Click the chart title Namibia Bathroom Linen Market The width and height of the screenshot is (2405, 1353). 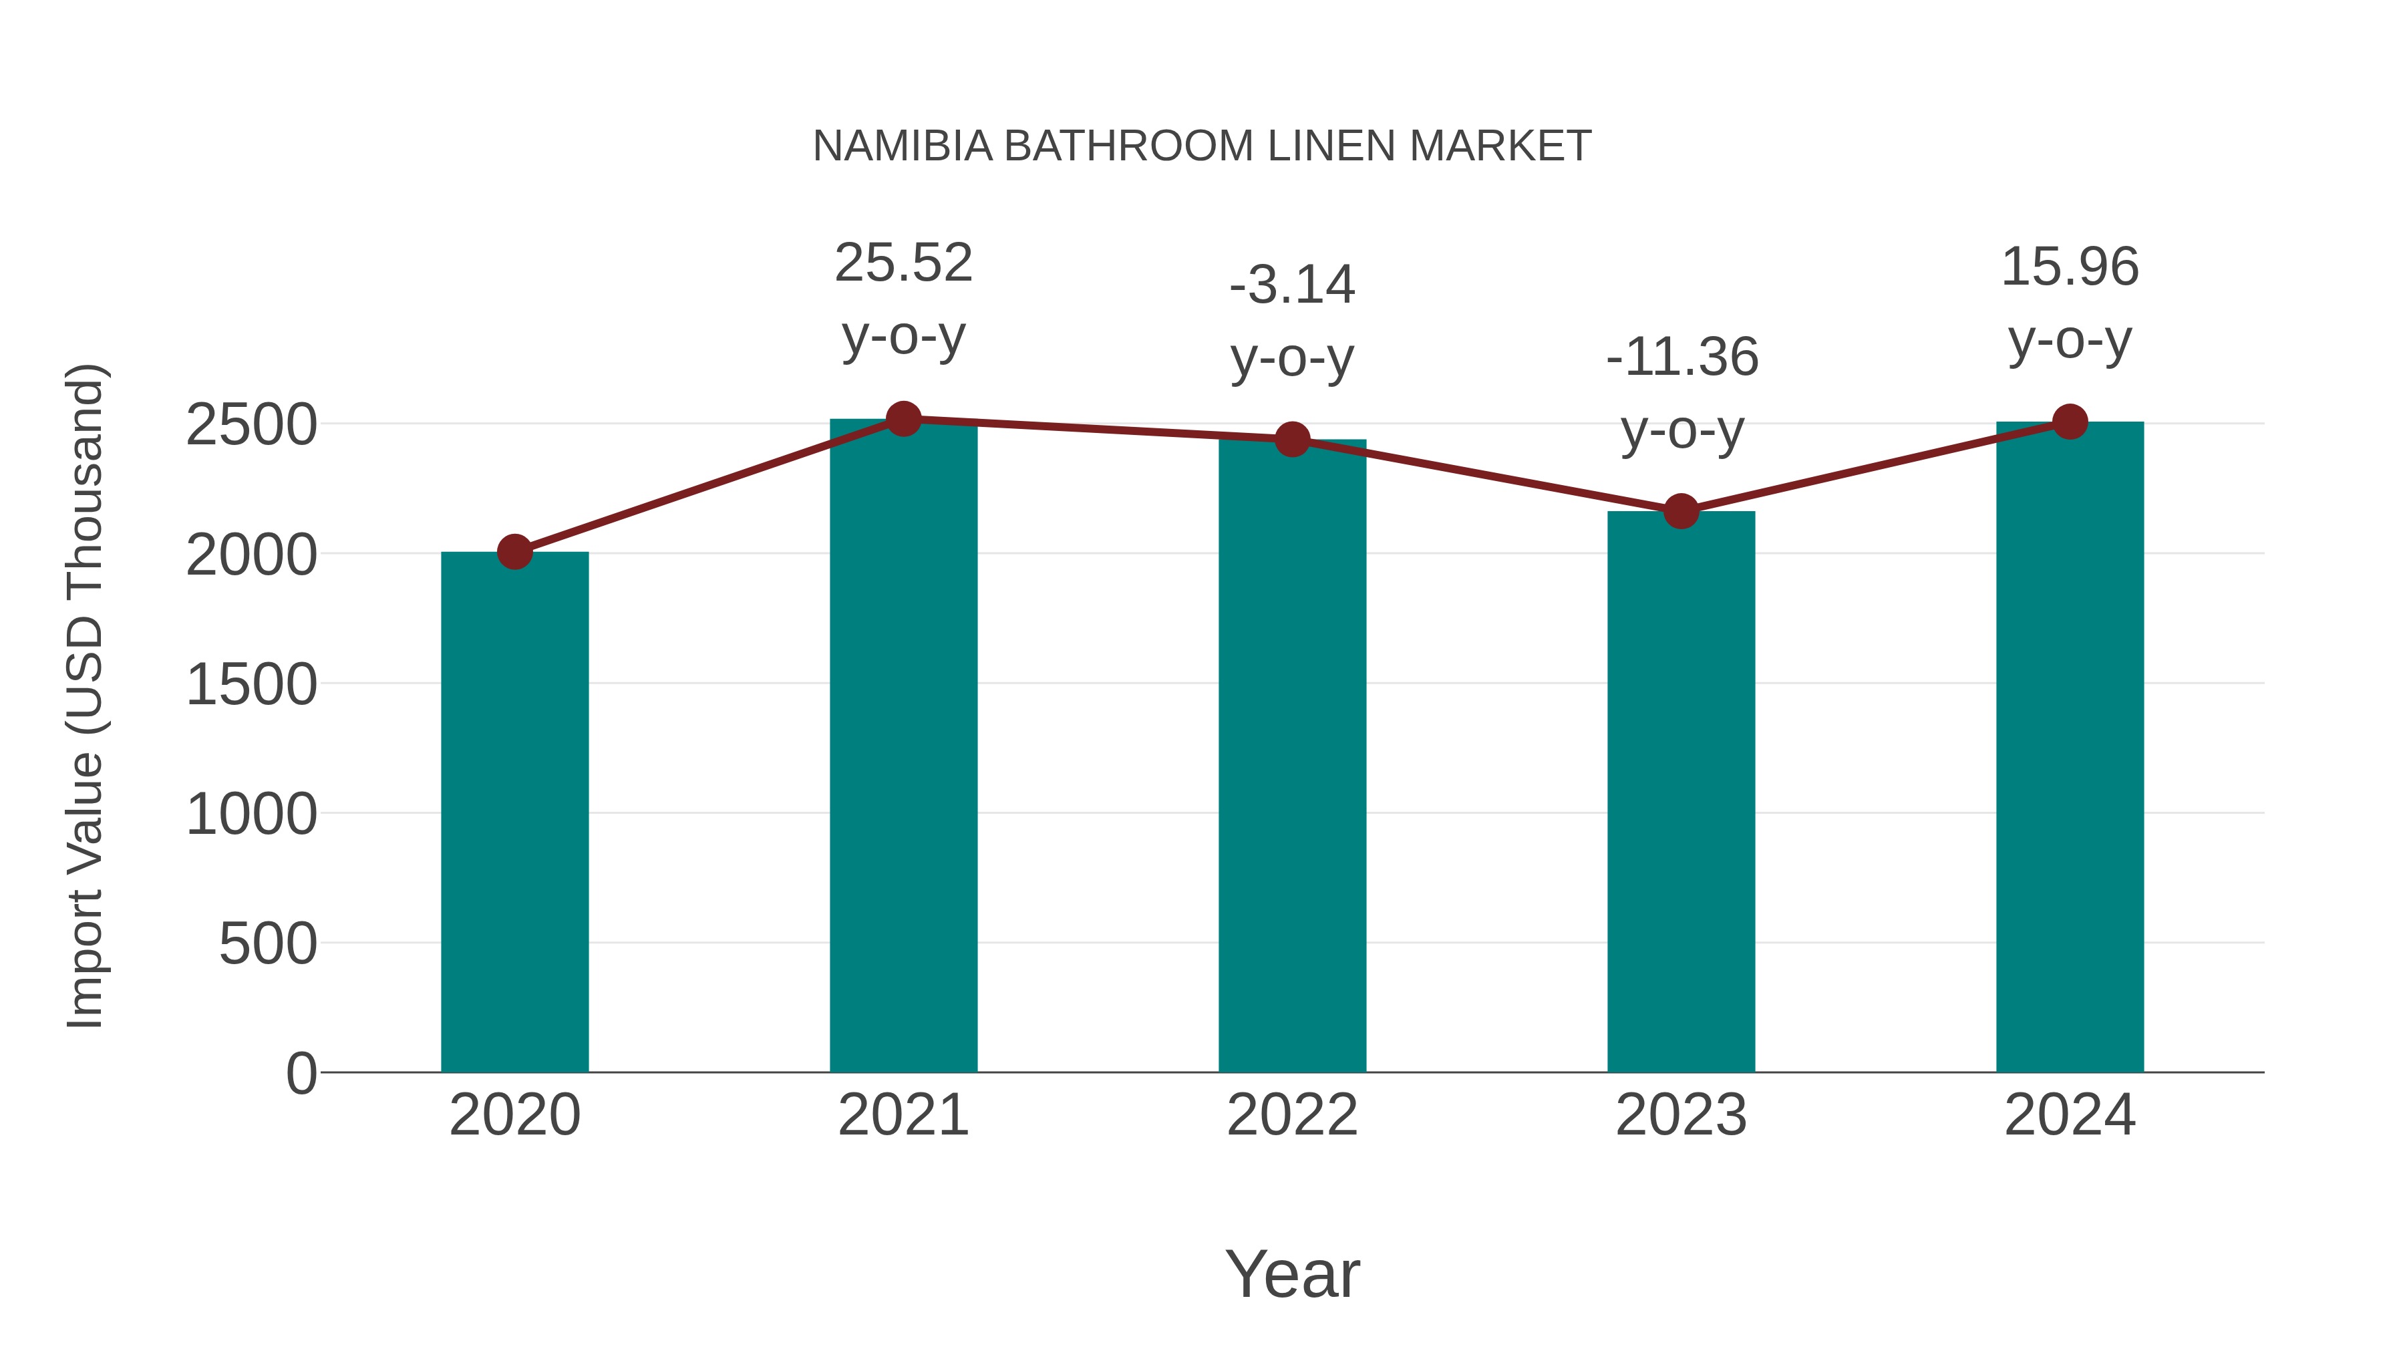click(x=1202, y=146)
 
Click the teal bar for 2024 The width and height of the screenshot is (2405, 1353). click(x=2070, y=746)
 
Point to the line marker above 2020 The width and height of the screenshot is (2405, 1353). click(x=514, y=552)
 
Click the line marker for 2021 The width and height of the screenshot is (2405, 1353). click(x=903, y=419)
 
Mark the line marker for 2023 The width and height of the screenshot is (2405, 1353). click(x=1681, y=510)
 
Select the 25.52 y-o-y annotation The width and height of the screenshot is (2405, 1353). click(x=903, y=298)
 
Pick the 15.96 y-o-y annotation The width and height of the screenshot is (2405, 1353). click(x=2070, y=303)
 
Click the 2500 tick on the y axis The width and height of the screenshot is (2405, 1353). click(x=251, y=425)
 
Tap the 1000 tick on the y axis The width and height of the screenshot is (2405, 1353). click(x=251, y=814)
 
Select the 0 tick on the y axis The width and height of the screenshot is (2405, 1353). click(x=301, y=1073)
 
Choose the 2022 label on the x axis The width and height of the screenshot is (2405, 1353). click(x=1292, y=1115)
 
